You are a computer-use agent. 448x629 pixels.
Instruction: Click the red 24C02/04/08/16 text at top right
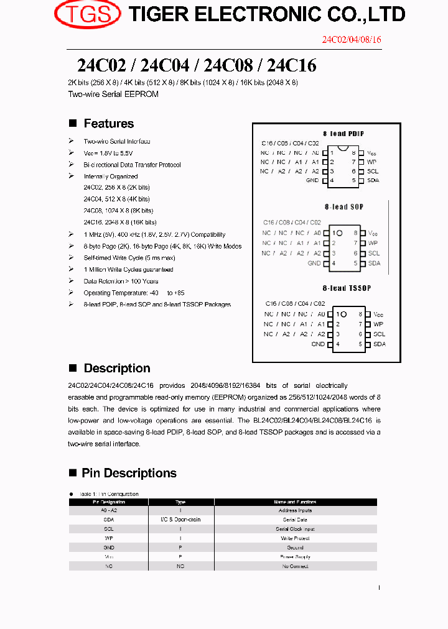coord(351,40)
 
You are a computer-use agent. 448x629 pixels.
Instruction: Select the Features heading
coord(108,124)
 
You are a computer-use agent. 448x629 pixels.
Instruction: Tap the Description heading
coord(116,369)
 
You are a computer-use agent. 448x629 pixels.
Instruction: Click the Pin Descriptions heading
coord(129,474)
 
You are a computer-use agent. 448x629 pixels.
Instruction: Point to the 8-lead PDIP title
coord(343,134)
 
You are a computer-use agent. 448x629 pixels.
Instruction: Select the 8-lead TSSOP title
coord(347,288)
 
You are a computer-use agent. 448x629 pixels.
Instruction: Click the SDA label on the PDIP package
coord(373,181)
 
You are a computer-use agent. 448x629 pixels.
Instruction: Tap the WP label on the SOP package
coord(373,244)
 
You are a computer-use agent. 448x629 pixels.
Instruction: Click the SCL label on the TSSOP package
coord(379,334)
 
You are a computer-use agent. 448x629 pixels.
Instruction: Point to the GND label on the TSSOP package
coord(318,344)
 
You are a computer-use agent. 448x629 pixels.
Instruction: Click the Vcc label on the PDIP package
coord(371,153)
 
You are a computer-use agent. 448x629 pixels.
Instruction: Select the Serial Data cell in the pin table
coord(295,520)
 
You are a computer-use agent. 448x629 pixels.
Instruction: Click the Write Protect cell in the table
coord(295,538)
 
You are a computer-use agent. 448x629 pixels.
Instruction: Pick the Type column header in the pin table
coord(180,502)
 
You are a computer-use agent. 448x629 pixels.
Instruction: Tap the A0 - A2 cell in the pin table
coord(109,510)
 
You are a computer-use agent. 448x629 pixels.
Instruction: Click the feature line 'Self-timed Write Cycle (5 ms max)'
coord(129,258)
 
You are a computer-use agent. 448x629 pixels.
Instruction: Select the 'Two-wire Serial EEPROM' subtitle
coord(113,94)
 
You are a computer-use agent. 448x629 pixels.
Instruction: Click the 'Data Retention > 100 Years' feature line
coord(121,281)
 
